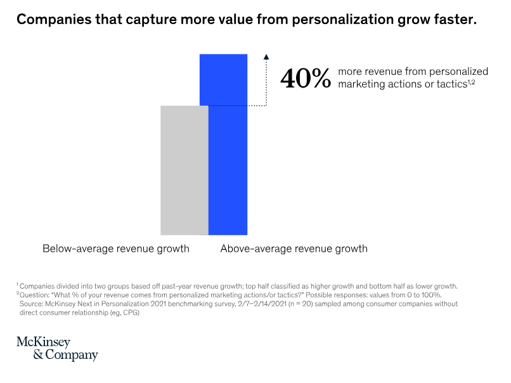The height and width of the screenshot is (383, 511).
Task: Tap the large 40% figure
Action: point(306,79)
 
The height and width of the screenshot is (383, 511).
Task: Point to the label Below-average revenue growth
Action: point(116,249)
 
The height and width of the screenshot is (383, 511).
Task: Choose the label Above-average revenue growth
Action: point(294,249)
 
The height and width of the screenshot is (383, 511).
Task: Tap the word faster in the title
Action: point(454,20)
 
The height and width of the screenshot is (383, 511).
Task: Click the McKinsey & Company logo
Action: point(57,348)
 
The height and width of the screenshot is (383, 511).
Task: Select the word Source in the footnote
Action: point(33,304)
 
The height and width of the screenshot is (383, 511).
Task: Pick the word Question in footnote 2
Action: point(35,295)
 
